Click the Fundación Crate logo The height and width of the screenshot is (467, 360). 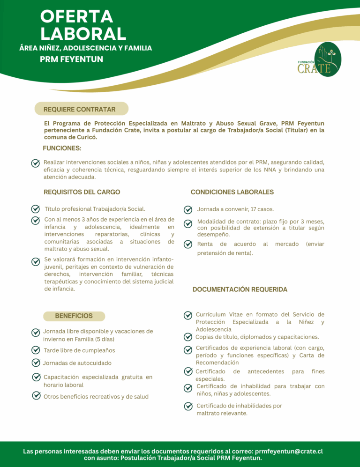coord(321,59)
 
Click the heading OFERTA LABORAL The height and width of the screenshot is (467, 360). coord(83,25)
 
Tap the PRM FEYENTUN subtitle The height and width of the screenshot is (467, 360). coord(71,59)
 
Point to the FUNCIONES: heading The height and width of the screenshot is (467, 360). coord(62,148)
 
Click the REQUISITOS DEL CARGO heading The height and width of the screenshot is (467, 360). coord(82,192)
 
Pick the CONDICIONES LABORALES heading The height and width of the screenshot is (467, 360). coord(232,192)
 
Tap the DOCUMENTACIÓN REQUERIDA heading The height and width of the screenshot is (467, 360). coord(240,289)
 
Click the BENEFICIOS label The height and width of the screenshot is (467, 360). coord(74,316)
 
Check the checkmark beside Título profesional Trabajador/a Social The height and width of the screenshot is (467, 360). coord(35,209)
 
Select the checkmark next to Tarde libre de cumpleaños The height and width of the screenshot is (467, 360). coord(35,350)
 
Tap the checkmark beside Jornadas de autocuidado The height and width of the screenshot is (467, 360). coord(35,363)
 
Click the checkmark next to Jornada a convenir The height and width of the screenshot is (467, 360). coord(187,209)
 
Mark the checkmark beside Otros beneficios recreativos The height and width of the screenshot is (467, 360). coord(35,396)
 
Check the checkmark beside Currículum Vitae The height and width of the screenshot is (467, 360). coord(187,315)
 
